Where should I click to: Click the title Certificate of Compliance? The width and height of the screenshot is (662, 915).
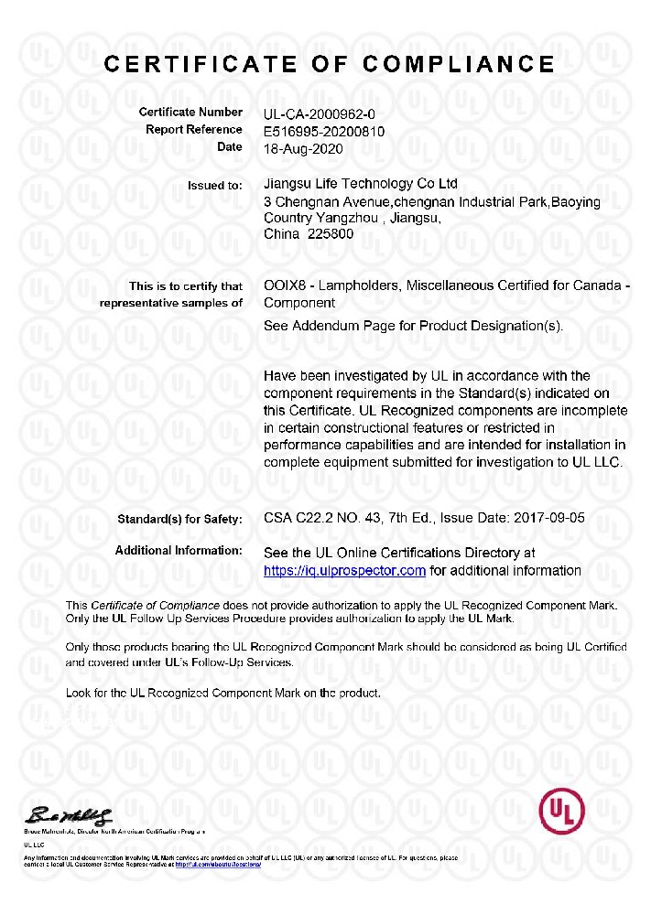[330, 64]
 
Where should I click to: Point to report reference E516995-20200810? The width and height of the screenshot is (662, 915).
[323, 131]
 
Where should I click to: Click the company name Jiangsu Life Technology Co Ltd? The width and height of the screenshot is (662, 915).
[360, 185]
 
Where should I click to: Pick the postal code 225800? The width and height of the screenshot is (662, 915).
[331, 234]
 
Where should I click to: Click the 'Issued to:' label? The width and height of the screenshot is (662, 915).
[215, 186]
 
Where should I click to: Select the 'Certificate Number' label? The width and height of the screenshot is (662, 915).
[190, 113]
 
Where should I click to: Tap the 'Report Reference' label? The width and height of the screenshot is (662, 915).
[194, 130]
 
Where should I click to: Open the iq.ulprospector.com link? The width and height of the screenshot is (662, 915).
[344, 570]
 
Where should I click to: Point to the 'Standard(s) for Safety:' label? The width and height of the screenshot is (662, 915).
[179, 520]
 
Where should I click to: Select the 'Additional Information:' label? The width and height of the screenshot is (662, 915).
[179, 551]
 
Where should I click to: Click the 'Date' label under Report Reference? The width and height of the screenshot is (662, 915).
[230, 146]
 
